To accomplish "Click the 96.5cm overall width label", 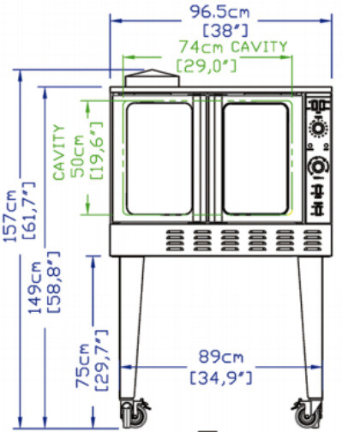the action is pos(219,12).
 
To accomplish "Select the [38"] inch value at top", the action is pos(225,30).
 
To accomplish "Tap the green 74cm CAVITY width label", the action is pos(233,47).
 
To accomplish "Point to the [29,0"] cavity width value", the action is pos(207,66).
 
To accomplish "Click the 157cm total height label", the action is pos(10,216).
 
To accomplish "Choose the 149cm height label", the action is pos(35,288).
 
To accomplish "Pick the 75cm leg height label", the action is pos(82,365).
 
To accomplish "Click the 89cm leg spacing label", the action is pos(221,357).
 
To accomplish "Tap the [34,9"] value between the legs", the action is pos(221,378).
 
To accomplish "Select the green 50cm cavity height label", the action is pos(78,156).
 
